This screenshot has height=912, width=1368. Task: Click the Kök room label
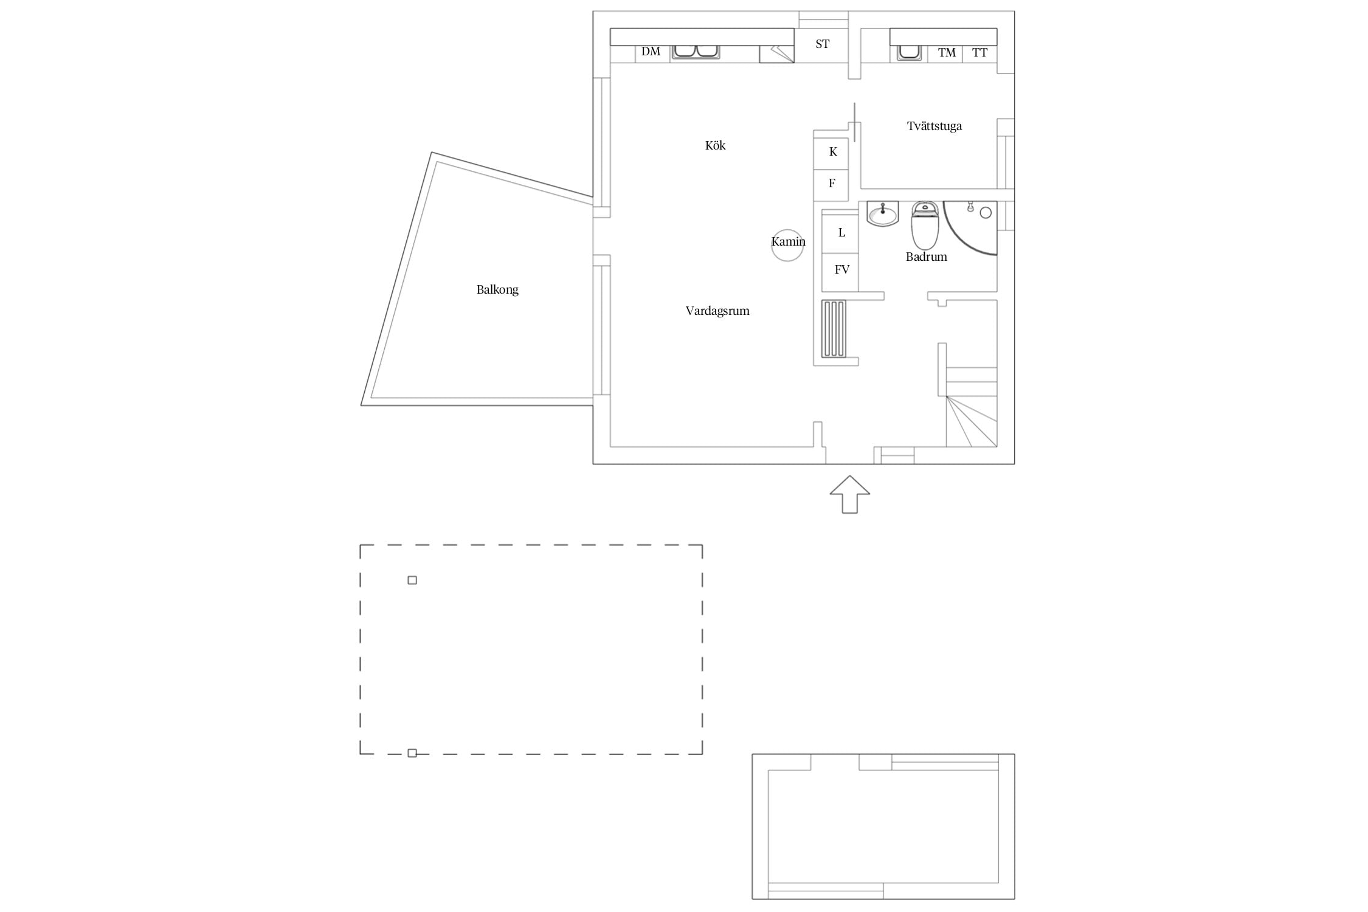[715, 145]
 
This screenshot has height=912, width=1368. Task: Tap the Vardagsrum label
[717, 311]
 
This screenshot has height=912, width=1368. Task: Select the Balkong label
[497, 289]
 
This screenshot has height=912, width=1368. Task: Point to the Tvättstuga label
[934, 126]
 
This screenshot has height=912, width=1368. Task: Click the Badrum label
[926, 257]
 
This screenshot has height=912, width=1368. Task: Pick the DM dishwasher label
[651, 52]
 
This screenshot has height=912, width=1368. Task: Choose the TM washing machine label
[947, 53]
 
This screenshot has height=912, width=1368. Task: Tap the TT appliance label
[979, 53]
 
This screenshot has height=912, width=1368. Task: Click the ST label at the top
[822, 44]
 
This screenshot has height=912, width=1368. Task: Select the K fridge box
[831, 154]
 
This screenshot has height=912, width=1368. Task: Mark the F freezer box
[831, 185]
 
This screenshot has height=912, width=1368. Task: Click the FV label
[841, 269]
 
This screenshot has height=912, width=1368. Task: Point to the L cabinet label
[841, 232]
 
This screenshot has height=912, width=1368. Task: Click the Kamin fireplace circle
[787, 260]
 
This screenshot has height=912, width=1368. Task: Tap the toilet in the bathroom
[925, 226]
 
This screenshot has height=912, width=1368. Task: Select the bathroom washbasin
[882, 214]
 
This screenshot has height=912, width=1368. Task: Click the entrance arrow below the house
[849, 494]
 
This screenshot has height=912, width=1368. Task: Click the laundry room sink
[909, 53]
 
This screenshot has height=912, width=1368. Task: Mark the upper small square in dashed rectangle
[412, 580]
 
